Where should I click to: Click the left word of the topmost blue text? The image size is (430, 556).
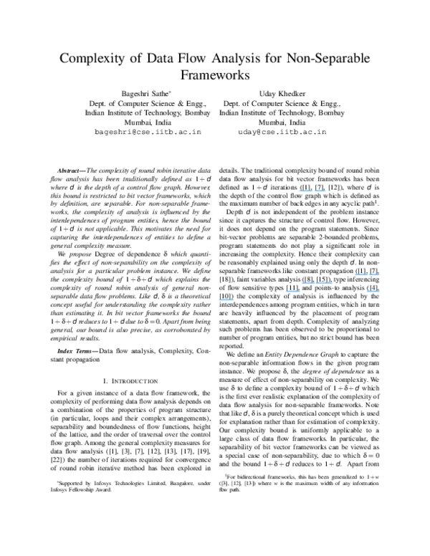pos(305,191)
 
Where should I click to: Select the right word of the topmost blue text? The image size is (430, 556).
pos(320,191)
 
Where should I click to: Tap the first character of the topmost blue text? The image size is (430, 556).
pos(300,191)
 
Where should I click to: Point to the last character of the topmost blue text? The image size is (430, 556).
pos(325,191)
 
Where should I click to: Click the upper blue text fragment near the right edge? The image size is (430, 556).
pos(367,274)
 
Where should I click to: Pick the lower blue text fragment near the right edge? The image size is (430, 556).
pos(373,292)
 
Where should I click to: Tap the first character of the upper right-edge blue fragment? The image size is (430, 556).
pos(355,274)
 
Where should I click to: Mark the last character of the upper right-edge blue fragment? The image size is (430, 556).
pos(379,274)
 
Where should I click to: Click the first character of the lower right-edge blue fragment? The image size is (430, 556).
pos(367,292)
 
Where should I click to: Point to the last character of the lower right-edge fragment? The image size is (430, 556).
pos(379,292)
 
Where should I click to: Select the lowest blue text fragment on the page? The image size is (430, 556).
pos(226,300)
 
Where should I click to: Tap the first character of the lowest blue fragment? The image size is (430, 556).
pos(219,300)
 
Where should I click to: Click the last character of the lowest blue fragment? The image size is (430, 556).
pos(233,300)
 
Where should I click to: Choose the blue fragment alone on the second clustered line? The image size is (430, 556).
pos(317,283)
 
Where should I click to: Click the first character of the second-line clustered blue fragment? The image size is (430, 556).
pos(302,283)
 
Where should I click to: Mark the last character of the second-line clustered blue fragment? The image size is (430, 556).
pos(332,283)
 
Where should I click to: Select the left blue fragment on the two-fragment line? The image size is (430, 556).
pos(292,292)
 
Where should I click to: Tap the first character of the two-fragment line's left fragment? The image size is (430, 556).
pos(286,292)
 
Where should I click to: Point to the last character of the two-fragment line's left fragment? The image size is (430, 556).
pos(300,292)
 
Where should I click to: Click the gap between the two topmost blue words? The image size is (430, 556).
pos(314,191)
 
